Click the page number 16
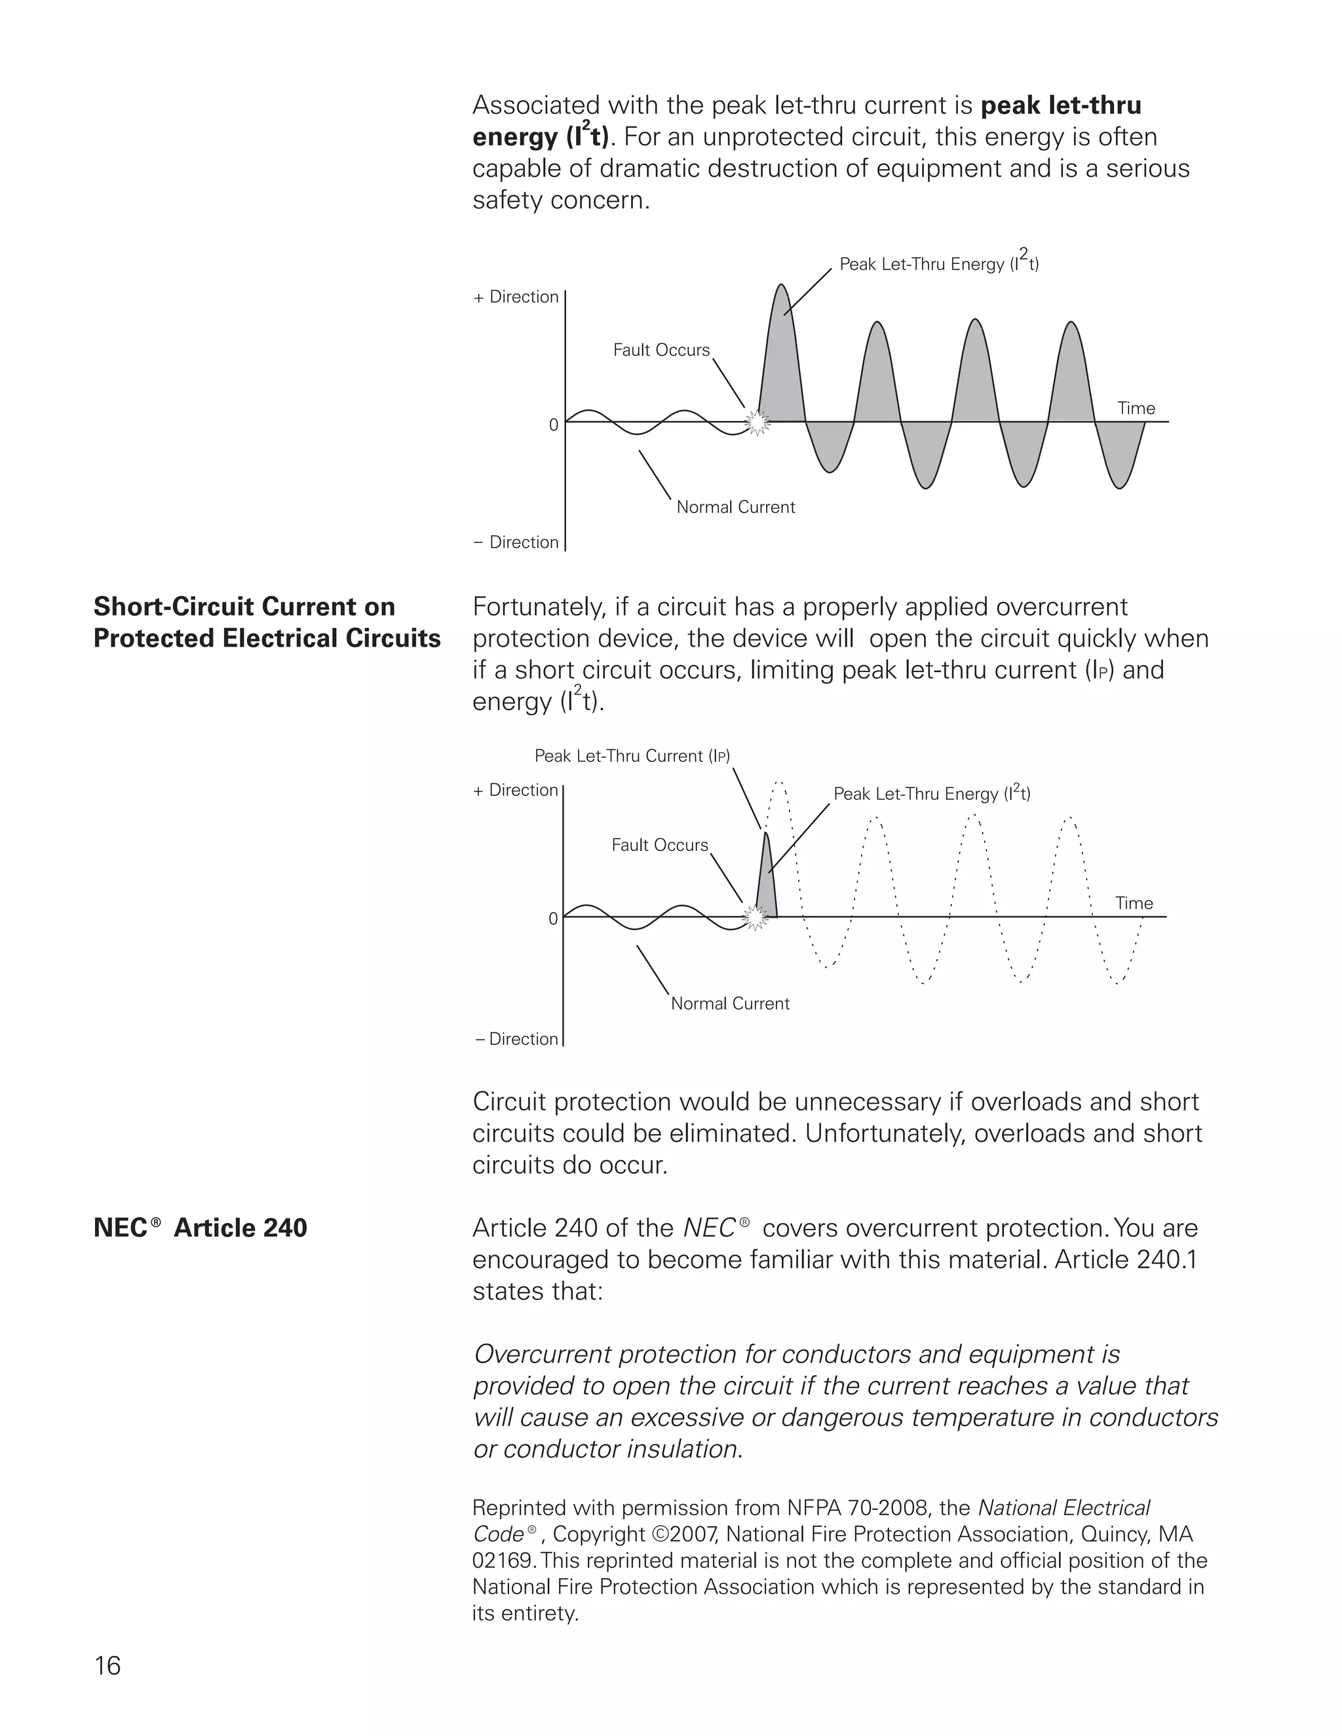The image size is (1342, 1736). (x=107, y=1665)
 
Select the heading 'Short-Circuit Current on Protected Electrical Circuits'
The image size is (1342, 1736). (x=266, y=622)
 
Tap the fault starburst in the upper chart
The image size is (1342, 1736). (x=757, y=421)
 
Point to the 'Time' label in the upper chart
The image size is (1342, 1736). (x=1136, y=409)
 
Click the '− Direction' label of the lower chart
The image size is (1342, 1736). (x=517, y=1039)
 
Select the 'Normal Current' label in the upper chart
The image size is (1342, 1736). (x=735, y=507)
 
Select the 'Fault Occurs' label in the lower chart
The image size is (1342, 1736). (x=659, y=845)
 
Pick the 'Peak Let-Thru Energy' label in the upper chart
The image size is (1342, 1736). (x=939, y=264)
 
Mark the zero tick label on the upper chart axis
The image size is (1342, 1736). (x=553, y=425)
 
